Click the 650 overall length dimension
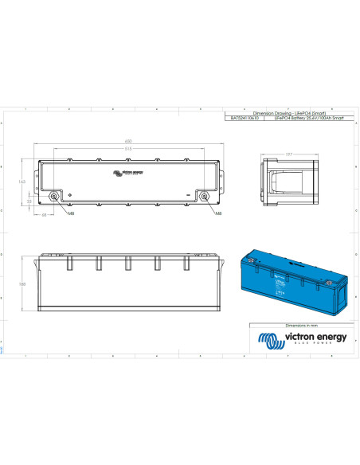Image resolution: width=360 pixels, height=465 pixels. click(x=128, y=142)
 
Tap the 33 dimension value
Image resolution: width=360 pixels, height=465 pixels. click(x=29, y=202)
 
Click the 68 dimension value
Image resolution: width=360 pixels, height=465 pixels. click(x=43, y=213)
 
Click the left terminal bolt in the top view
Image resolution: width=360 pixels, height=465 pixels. click(x=54, y=196)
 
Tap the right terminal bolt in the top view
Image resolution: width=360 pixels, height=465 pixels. click(x=203, y=196)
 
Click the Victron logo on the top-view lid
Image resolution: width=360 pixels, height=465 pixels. click(x=128, y=172)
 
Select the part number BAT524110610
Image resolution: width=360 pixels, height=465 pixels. click(x=245, y=119)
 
